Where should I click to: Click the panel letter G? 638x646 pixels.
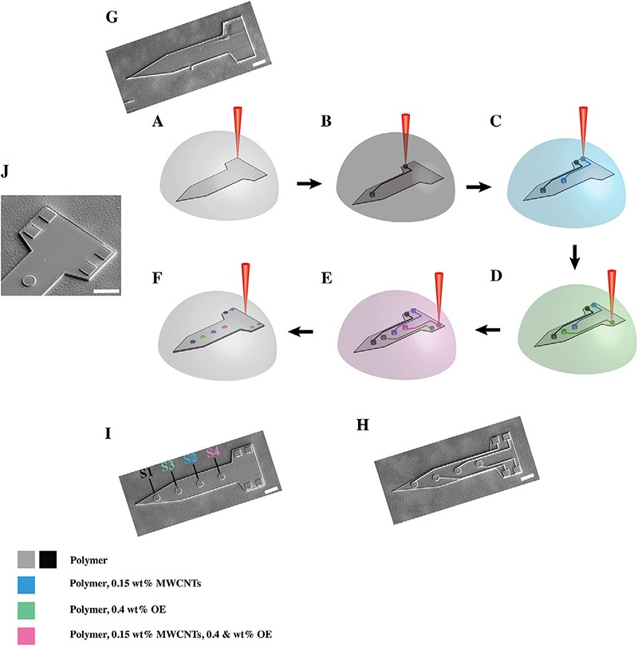pos(116,16)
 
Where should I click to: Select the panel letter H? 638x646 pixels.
pos(361,426)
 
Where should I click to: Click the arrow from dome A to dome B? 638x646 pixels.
pos(299,183)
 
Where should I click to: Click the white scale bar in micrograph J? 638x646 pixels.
pos(105,291)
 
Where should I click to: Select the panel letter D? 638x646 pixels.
pos(569,282)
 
